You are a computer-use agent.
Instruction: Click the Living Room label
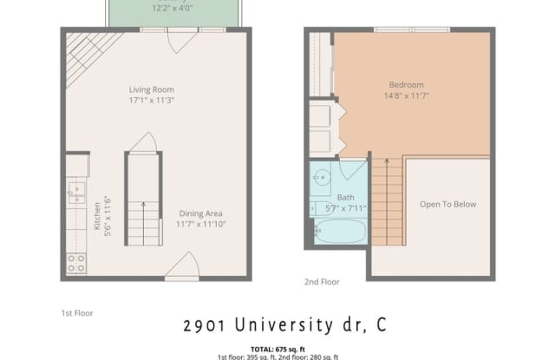152,89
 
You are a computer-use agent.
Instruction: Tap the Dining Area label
200,214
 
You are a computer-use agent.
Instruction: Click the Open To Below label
447,205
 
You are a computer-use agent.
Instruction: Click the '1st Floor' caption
76,312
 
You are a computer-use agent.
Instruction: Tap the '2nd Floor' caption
322,281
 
